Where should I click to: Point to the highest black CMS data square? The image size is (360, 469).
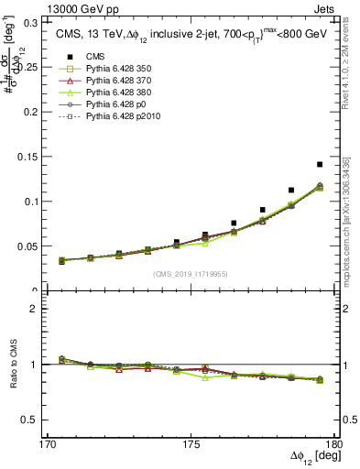click(x=320, y=164)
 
